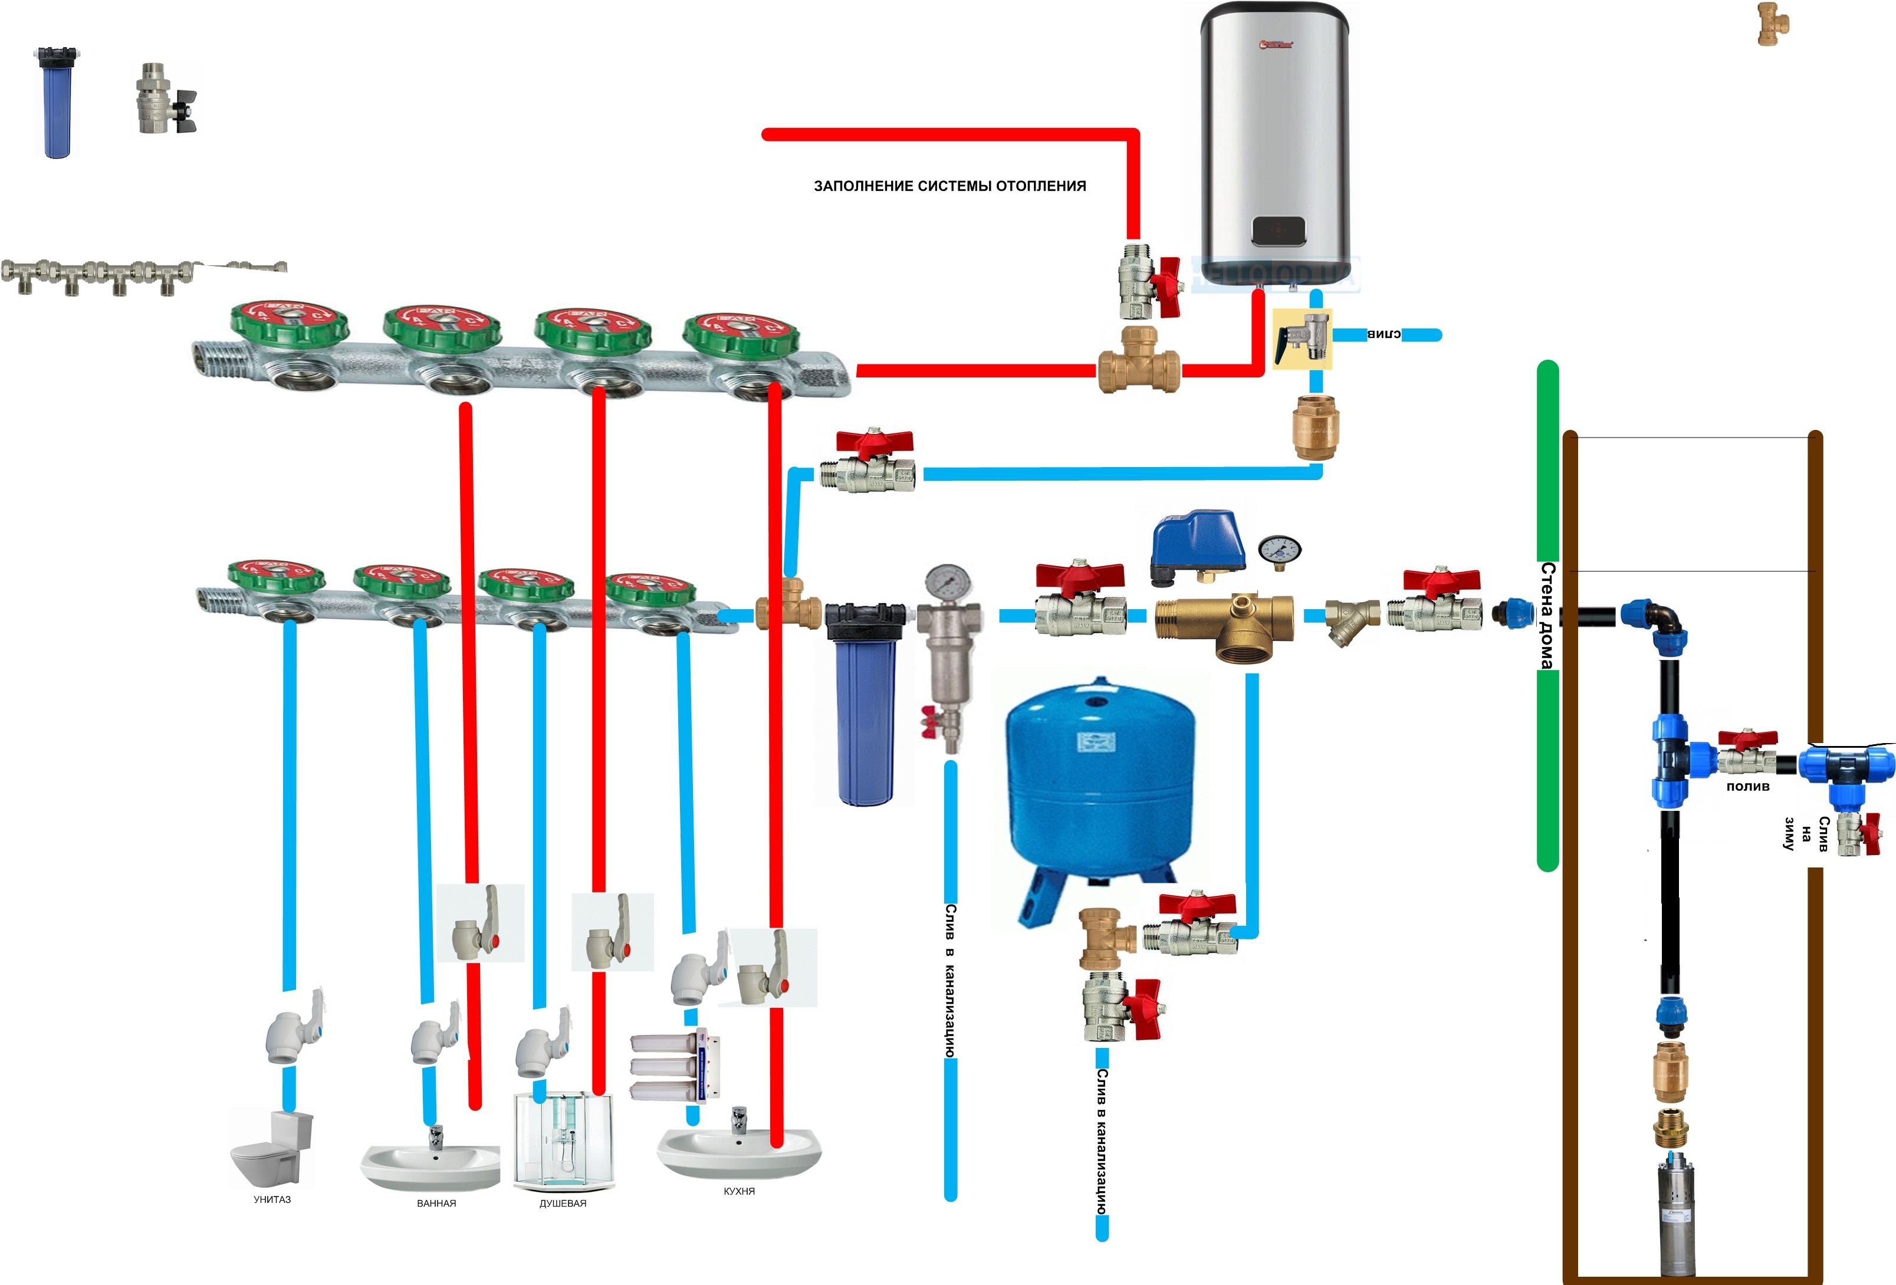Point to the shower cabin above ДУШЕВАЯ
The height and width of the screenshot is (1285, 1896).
tap(563, 1142)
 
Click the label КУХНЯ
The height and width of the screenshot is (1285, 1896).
tap(739, 1191)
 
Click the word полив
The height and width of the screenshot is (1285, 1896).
tap(1747, 787)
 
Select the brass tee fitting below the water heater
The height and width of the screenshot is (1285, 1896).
tap(1139, 360)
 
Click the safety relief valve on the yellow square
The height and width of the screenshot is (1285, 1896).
tap(1302, 338)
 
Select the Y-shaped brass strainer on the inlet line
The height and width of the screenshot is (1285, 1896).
tap(1351, 620)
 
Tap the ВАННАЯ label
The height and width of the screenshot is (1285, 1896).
tap(436, 1204)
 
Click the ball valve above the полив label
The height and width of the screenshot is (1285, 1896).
tap(1747, 752)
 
